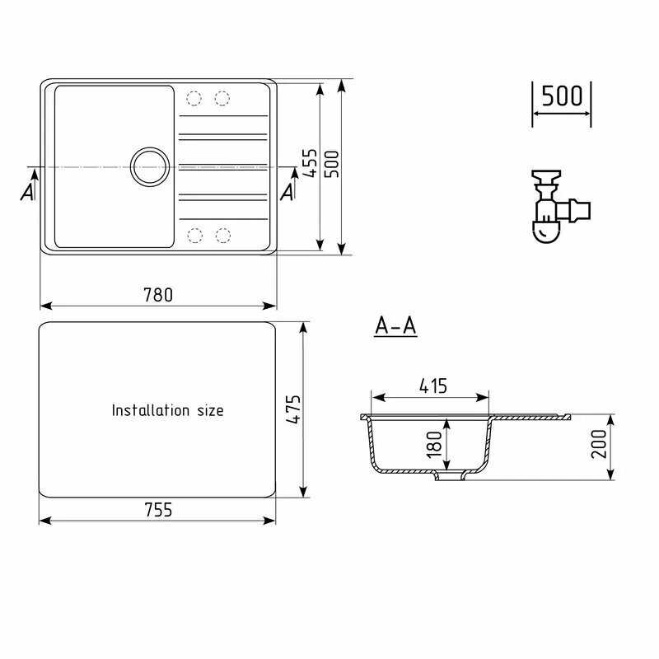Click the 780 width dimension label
click(158, 295)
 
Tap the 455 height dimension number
click(311, 162)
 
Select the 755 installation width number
click(158, 510)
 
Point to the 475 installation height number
click(293, 409)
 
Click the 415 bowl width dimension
click(433, 386)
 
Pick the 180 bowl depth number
click(434, 444)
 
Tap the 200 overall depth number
click(599, 444)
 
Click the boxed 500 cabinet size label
click(562, 96)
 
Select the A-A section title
click(395, 325)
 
